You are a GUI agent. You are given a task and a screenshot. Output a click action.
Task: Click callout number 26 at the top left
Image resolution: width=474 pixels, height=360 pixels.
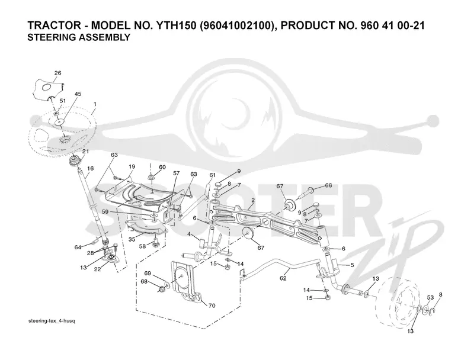[x=57, y=73]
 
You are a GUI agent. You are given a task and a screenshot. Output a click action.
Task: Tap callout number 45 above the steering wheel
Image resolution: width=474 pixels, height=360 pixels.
[x=78, y=94]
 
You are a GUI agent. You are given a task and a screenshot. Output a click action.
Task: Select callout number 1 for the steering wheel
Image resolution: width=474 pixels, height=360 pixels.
[x=95, y=104]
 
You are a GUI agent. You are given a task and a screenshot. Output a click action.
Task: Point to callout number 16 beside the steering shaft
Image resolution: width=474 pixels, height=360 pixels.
[x=91, y=169]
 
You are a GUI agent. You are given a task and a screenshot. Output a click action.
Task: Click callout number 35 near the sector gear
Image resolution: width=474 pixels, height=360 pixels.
[x=132, y=239]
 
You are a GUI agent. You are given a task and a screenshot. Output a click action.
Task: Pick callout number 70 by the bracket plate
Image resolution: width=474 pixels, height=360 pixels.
[x=212, y=306]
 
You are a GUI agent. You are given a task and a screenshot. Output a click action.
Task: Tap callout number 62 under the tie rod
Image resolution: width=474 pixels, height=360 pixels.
[x=283, y=278]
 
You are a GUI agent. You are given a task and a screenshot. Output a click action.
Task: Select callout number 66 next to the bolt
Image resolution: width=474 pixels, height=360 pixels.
[x=328, y=185]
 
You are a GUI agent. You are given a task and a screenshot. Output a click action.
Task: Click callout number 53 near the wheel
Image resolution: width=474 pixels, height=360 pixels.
[x=430, y=297]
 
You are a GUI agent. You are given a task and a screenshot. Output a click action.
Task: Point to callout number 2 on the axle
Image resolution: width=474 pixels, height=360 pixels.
[x=253, y=200]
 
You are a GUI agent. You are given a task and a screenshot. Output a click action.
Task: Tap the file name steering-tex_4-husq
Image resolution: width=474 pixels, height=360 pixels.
[x=52, y=321]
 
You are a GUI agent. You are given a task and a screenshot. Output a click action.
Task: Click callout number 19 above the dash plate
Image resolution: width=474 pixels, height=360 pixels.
[x=132, y=166]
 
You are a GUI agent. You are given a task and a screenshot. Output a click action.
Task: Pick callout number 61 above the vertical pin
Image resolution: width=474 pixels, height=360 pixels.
[x=213, y=175]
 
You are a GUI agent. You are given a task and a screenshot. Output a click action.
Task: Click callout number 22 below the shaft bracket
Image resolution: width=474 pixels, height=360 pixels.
[x=97, y=269]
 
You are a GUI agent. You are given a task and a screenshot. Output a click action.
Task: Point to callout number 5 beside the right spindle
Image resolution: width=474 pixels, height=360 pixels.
[x=352, y=265]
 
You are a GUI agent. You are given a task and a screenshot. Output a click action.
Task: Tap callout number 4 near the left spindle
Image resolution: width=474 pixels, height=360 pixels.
[x=188, y=234]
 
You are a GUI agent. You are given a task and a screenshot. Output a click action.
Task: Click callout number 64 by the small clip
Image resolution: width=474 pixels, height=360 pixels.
[x=78, y=247]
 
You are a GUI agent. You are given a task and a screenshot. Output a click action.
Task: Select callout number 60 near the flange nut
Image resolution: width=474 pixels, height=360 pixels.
[x=162, y=167]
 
